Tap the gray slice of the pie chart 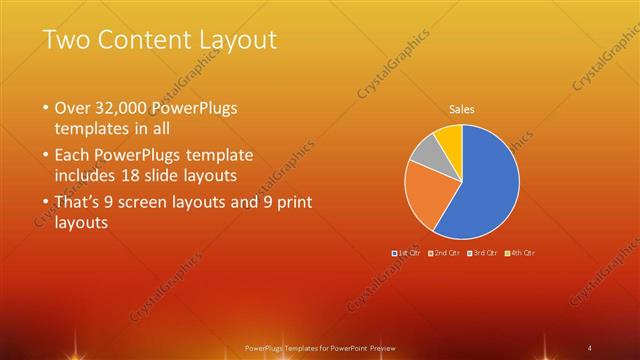pos(425,152)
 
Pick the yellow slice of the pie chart pos(450,140)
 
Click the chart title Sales pos(461,109)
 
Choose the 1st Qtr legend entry pos(408,253)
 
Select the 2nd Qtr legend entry pos(444,253)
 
